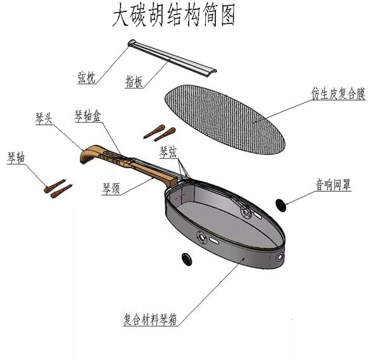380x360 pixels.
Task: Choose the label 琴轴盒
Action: coord(87,116)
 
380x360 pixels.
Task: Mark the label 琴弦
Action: coord(168,151)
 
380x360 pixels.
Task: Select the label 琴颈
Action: coord(112,187)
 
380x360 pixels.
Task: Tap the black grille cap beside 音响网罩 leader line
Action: coord(281,203)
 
